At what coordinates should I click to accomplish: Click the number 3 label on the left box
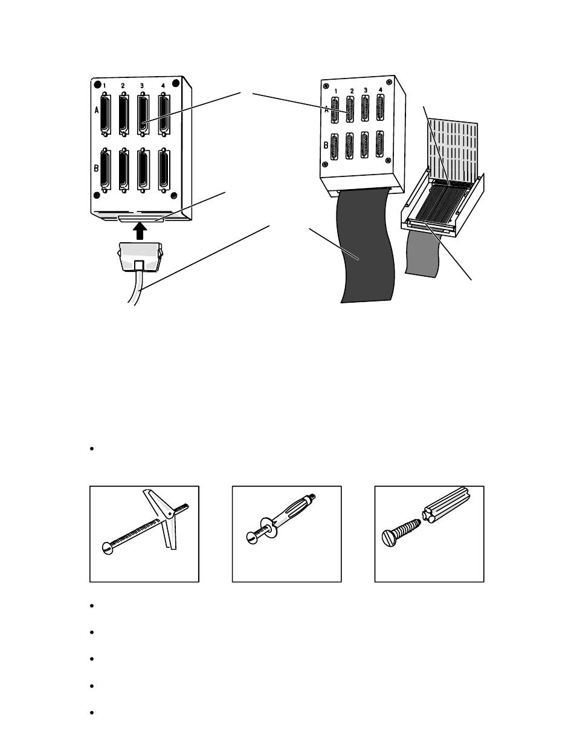pyautogui.click(x=141, y=86)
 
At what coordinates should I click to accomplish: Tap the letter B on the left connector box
pyautogui.click(x=97, y=169)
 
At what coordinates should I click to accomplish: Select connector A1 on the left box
pyautogui.click(x=106, y=114)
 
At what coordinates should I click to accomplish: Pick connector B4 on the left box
pyautogui.click(x=164, y=171)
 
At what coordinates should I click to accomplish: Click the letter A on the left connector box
pyautogui.click(x=97, y=110)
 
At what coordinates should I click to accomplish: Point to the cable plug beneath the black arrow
pyautogui.click(x=140, y=257)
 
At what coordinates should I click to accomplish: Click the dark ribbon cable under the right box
pyautogui.click(x=365, y=246)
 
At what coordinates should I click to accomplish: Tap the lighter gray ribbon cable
pyautogui.click(x=422, y=253)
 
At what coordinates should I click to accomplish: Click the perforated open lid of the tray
pyautogui.click(x=453, y=150)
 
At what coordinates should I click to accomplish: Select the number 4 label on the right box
pyautogui.click(x=380, y=89)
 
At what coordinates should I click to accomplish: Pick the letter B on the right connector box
pyautogui.click(x=326, y=146)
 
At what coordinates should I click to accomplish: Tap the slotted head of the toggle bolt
pyautogui.click(x=108, y=549)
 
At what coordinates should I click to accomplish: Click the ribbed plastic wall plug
pyautogui.click(x=445, y=505)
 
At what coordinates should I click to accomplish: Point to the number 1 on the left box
pyautogui.click(x=104, y=86)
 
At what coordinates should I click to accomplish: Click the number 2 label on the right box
pyautogui.click(x=352, y=91)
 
